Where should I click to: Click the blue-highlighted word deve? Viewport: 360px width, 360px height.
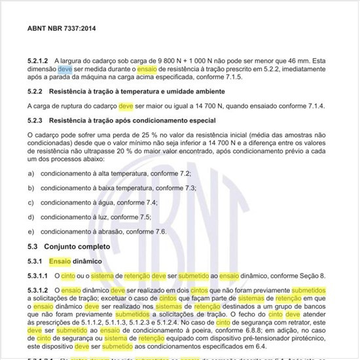pos(65,67)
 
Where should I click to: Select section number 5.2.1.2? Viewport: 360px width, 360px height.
pos(39,58)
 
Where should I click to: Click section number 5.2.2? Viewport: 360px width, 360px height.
pos(36,91)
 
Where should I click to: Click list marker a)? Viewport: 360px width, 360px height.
pos(31,173)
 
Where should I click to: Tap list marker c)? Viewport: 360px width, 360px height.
pos(31,202)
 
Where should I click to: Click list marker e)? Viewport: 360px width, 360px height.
pos(31,232)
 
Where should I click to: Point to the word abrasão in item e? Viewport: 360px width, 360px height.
pos(111,232)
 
